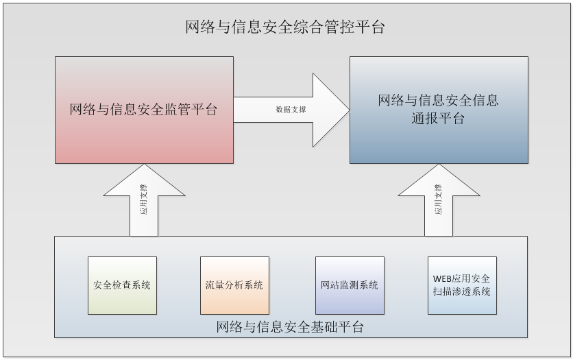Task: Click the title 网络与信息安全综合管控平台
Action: (x=285, y=27)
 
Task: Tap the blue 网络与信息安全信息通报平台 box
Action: (x=439, y=141)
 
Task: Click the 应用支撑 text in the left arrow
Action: (x=144, y=200)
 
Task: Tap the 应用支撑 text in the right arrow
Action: (x=439, y=200)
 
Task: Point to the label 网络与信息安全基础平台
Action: (x=290, y=326)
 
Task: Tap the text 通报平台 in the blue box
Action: (x=439, y=118)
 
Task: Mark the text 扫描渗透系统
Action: (x=462, y=291)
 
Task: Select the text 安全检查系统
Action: (x=122, y=285)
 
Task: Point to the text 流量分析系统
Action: (x=234, y=285)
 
